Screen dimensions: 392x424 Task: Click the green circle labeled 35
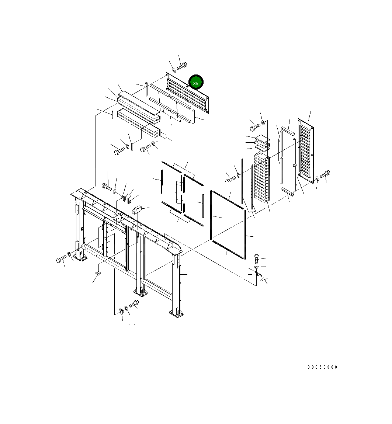[x=196, y=82]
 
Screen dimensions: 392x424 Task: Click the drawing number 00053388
[x=322, y=367]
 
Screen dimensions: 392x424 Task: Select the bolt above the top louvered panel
[x=182, y=66]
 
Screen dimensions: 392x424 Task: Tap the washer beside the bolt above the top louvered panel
[x=174, y=70]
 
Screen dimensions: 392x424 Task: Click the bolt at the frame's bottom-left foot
[x=61, y=259]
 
